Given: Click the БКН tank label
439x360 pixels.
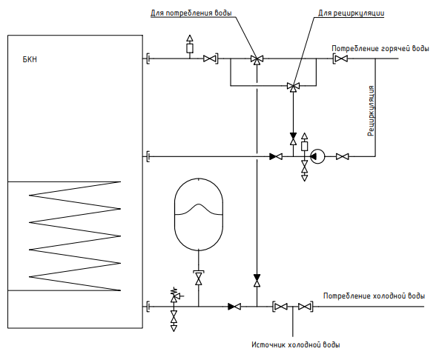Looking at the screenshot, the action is [x=30, y=59].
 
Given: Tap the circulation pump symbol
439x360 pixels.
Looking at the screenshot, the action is [x=317, y=156].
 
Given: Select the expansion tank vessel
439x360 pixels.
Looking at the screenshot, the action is [x=199, y=214].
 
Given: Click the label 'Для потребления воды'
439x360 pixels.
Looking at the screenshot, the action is [x=191, y=13].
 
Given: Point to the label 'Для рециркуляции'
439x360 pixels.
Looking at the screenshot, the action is [x=351, y=13].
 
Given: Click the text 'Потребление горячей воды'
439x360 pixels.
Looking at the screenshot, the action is [x=380, y=48].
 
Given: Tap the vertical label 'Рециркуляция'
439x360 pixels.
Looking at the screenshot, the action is [x=371, y=111].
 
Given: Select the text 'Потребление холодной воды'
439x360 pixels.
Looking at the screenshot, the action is [x=374, y=296].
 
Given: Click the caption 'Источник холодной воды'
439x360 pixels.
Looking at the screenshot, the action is [x=296, y=344].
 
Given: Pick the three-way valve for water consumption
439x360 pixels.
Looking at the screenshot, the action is [x=257, y=59].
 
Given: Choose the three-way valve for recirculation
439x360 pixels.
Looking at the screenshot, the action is [x=293, y=87].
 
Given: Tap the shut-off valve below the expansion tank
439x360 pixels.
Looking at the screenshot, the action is [x=199, y=278].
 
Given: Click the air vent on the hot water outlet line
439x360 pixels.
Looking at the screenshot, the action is [x=190, y=44].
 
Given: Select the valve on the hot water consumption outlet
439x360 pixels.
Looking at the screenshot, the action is [x=341, y=59].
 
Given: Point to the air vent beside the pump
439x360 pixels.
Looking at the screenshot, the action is [x=304, y=143].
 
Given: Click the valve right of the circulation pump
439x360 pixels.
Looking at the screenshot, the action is [x=342, y=156].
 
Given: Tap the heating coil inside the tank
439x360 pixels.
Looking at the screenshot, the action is [x=75, y=236].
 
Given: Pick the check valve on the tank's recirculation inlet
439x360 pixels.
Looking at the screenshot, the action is [x=276, y=156].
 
